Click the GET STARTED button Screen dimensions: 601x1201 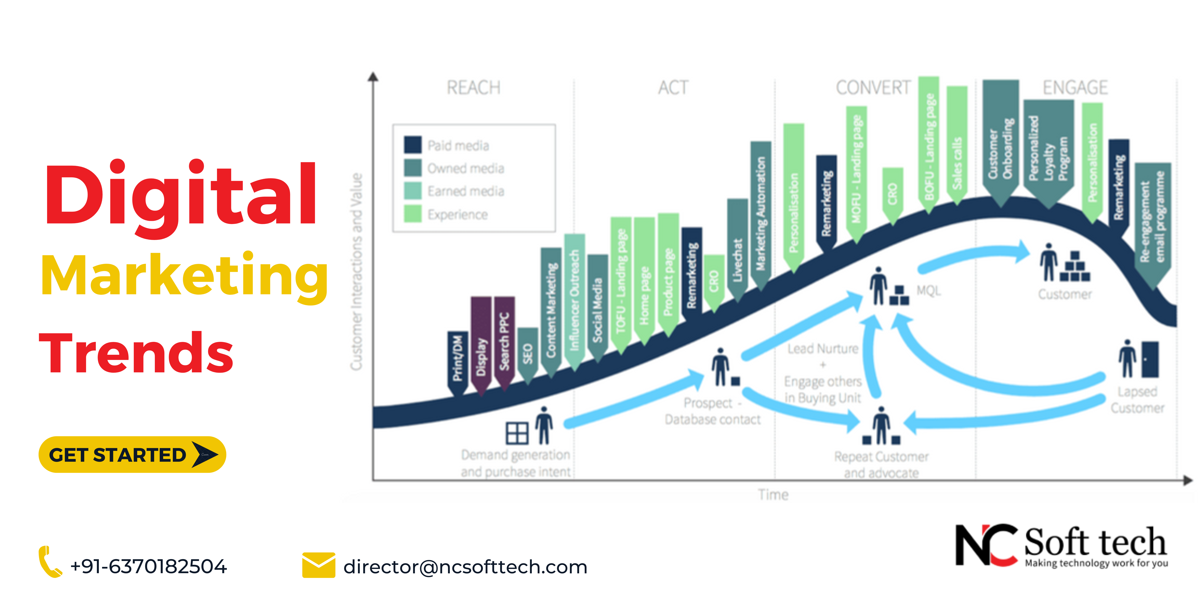[132, 454]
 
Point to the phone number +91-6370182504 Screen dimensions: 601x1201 [148, 566]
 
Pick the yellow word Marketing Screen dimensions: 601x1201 [185, 276]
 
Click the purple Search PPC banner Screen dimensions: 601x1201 [504, 341]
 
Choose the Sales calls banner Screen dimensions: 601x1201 [957, 145]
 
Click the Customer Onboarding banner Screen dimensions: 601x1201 [1000, 140]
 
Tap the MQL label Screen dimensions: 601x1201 [928, 291]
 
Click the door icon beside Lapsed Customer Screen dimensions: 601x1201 [1150, 359]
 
